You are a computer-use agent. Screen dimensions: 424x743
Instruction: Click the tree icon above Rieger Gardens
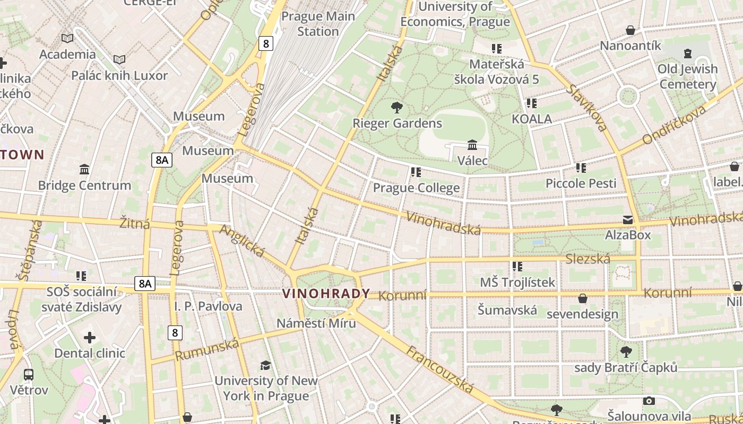click(x=396, y=108)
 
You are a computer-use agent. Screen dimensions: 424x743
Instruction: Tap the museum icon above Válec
click(x=472, y=145)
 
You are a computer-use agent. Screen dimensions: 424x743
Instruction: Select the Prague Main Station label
click(x=318, y=24)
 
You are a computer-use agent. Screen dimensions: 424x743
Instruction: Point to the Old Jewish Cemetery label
click(x=688, y=76)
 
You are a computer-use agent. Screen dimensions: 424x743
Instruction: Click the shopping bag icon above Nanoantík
click(x=630, y=30)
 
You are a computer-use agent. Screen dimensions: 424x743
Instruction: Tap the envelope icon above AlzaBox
click(x=628, y=220)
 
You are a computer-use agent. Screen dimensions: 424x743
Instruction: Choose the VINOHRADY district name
click(x=326, y=294)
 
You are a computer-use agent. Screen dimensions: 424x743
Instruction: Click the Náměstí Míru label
click(x=316, y=323)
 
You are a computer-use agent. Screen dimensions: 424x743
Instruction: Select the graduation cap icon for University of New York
click(x=265, y=365)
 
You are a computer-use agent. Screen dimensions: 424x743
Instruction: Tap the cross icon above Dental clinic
click(x=90, y=338)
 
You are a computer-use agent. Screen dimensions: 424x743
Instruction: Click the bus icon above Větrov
click(x=29, y=375)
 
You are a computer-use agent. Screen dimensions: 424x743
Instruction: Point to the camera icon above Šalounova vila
click(x=649, y=401)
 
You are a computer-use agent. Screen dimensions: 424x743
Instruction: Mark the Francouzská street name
click(x=440, y=370)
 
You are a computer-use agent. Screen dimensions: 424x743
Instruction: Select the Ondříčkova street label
click(x=675, y=125)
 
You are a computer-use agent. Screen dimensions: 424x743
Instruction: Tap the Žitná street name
click(x=135, y=223)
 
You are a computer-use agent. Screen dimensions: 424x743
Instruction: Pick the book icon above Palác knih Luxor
click(x=119, y=59)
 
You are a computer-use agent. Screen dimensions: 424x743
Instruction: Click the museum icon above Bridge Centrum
click(x=84, y=170)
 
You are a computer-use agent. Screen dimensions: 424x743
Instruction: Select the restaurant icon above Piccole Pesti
click(x=581, y=168)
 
